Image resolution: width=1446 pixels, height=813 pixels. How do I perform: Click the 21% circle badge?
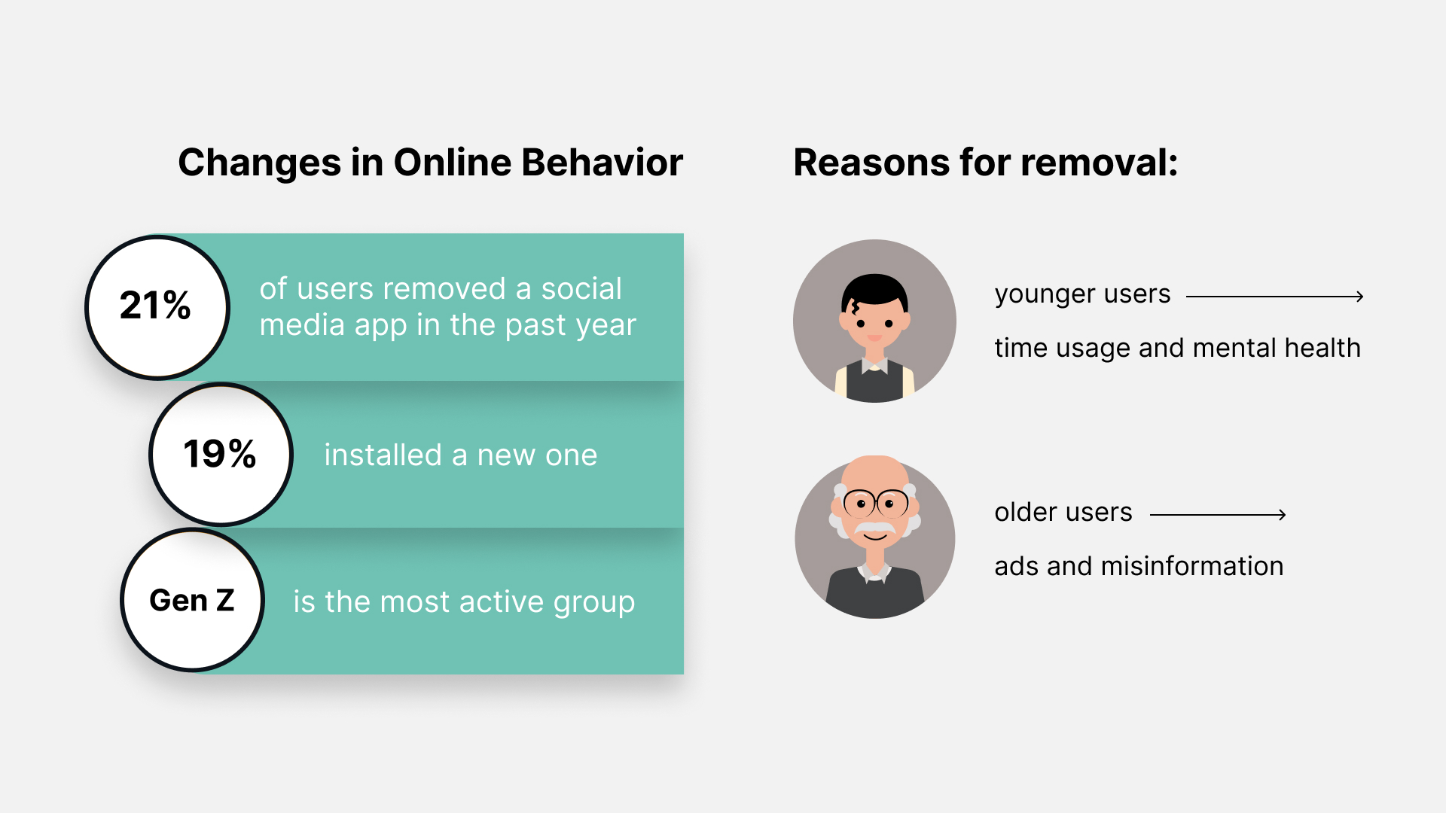click(x=157, y=307)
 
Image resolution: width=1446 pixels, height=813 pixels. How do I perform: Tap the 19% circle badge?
click(x=221, y=454)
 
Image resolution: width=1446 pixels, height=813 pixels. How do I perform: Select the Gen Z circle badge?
click(x=193, y=600)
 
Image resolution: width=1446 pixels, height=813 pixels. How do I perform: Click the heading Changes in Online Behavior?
click(x=430, y=163)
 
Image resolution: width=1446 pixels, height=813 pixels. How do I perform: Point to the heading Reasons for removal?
click(x=986, y=163)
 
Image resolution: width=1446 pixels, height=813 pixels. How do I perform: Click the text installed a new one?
click(x=461, y=455)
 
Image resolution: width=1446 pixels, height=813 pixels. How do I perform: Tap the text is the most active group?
click(x=464, y=602)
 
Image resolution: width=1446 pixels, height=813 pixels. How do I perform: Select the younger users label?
click(x=1082, y=294)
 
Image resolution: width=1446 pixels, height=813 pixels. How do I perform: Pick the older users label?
click(x=1063, y=512)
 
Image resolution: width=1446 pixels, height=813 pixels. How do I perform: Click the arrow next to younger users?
click(x=1275, y=297)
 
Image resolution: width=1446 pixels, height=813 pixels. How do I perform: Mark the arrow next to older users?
click(x=1219, y=515)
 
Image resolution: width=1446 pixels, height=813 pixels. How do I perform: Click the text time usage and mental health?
click(x=1177, y=348)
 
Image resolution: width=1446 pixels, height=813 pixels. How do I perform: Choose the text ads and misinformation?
click(x=1139, y=566)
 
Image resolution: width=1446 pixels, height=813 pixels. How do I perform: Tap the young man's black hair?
click(x=874, y=288)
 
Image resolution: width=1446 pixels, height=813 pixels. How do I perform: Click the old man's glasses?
click(x=876, y=503)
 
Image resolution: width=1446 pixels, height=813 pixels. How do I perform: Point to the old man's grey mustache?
click(x=875, y=528)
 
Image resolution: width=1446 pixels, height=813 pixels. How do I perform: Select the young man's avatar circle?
click(x=874, y=321)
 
